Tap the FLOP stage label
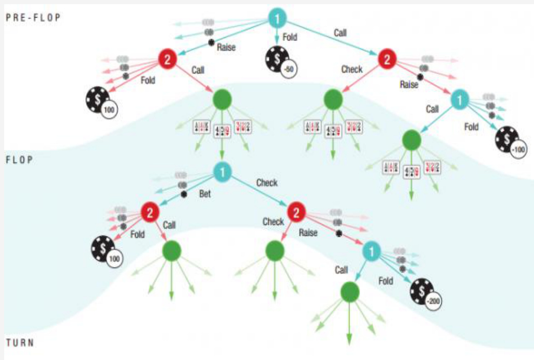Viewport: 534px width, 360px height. pos(20,160)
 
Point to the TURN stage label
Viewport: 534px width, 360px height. pos(20,342)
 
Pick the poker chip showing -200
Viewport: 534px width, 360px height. pos(425,291)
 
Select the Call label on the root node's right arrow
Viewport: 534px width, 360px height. pos(340,33)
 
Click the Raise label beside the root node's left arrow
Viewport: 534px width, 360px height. pos(226,47)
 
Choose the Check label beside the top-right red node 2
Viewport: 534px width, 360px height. pos(352,69)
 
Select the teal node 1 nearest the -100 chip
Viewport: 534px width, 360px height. pos(459,100)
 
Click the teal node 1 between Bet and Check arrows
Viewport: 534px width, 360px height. pos(222,173)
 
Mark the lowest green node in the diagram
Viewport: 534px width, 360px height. pos(349,291)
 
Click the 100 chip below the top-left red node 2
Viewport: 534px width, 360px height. pos(101,101)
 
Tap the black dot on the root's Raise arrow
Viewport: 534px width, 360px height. pos(211,42)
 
